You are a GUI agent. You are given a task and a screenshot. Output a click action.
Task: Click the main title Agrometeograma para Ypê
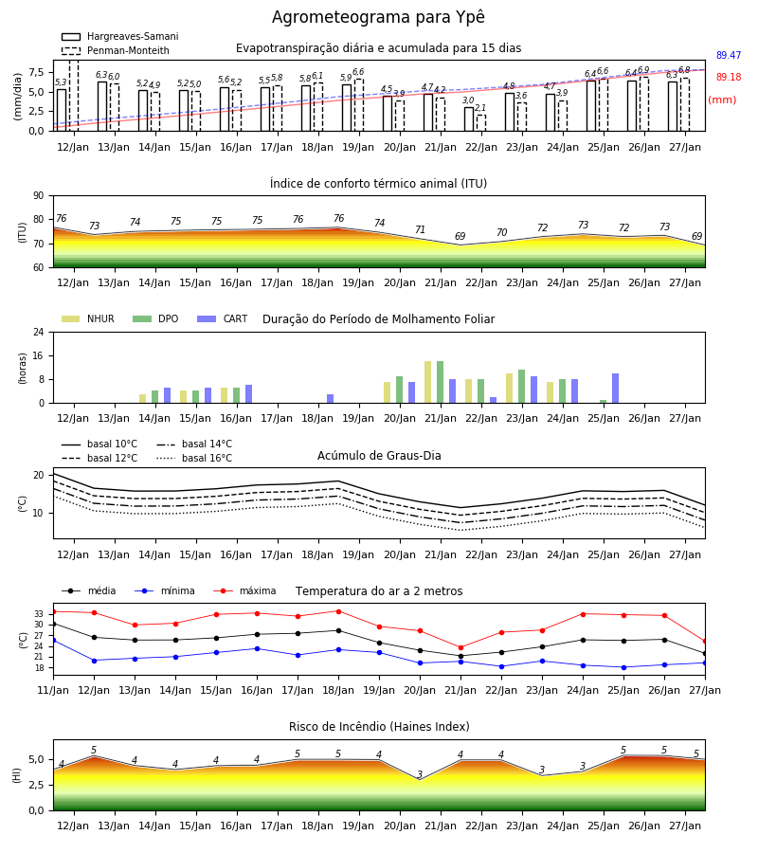378,17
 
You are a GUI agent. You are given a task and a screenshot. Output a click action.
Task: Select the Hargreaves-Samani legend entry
120,36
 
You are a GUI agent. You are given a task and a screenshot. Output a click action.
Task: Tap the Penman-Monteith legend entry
116,50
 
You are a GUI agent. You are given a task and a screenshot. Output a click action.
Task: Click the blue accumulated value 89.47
729,56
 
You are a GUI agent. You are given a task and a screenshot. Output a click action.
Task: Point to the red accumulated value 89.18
729,78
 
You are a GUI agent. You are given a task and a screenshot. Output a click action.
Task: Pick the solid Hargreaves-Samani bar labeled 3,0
469,119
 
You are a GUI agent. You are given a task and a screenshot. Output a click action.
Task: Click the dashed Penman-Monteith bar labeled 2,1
481,123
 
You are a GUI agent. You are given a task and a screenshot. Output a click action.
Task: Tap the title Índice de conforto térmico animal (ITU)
378,183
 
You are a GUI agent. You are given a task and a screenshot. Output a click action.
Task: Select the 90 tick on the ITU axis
39,196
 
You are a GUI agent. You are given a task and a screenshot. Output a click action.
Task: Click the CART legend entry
223,318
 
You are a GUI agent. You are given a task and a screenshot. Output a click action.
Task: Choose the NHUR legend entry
88,318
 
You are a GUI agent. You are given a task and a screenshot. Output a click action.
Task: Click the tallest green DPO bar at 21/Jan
440,382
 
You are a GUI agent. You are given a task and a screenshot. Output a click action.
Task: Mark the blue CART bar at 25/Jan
616,389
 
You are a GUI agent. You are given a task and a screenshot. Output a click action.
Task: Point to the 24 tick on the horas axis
39,332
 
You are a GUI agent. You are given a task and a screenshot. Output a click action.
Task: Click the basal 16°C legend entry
194,458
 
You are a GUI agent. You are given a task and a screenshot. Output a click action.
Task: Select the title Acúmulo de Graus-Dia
379,455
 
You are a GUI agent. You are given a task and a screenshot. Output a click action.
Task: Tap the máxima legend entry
244,590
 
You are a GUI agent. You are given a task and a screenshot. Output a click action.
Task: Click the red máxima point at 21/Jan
461,648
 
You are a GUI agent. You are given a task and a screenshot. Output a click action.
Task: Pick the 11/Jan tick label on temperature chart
53,690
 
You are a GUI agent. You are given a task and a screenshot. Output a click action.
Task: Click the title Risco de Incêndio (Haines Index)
379,727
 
